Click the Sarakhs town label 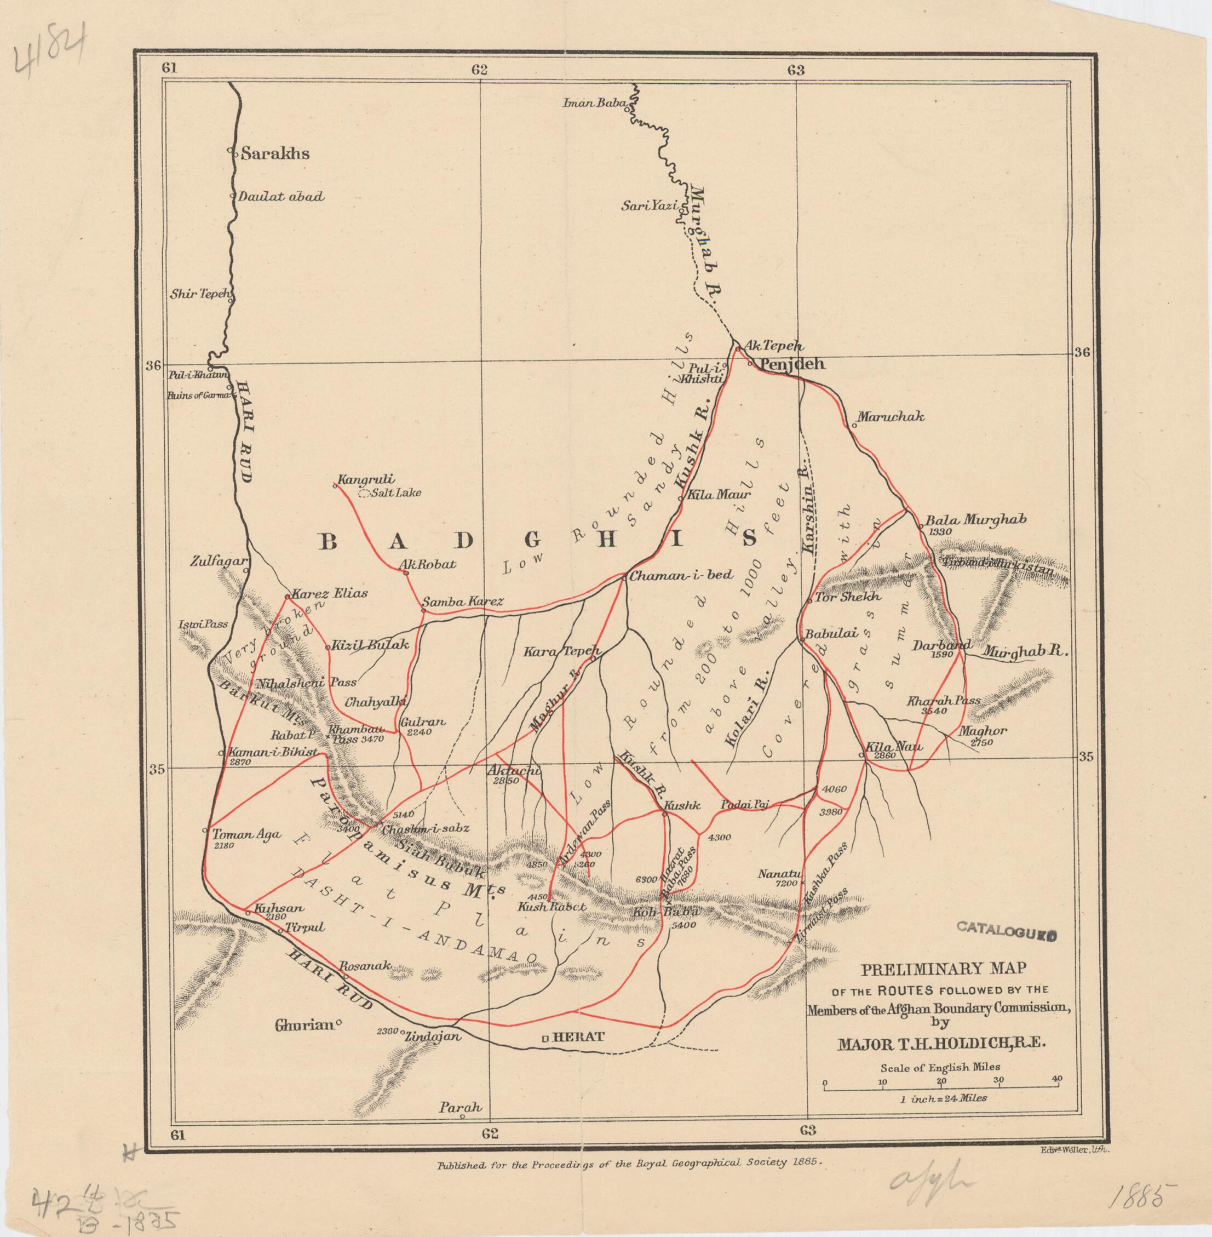tap(275, 153)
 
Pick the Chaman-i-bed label tap(682, 575)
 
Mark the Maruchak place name tap(890, 417)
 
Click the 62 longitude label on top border tap(479, 70)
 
